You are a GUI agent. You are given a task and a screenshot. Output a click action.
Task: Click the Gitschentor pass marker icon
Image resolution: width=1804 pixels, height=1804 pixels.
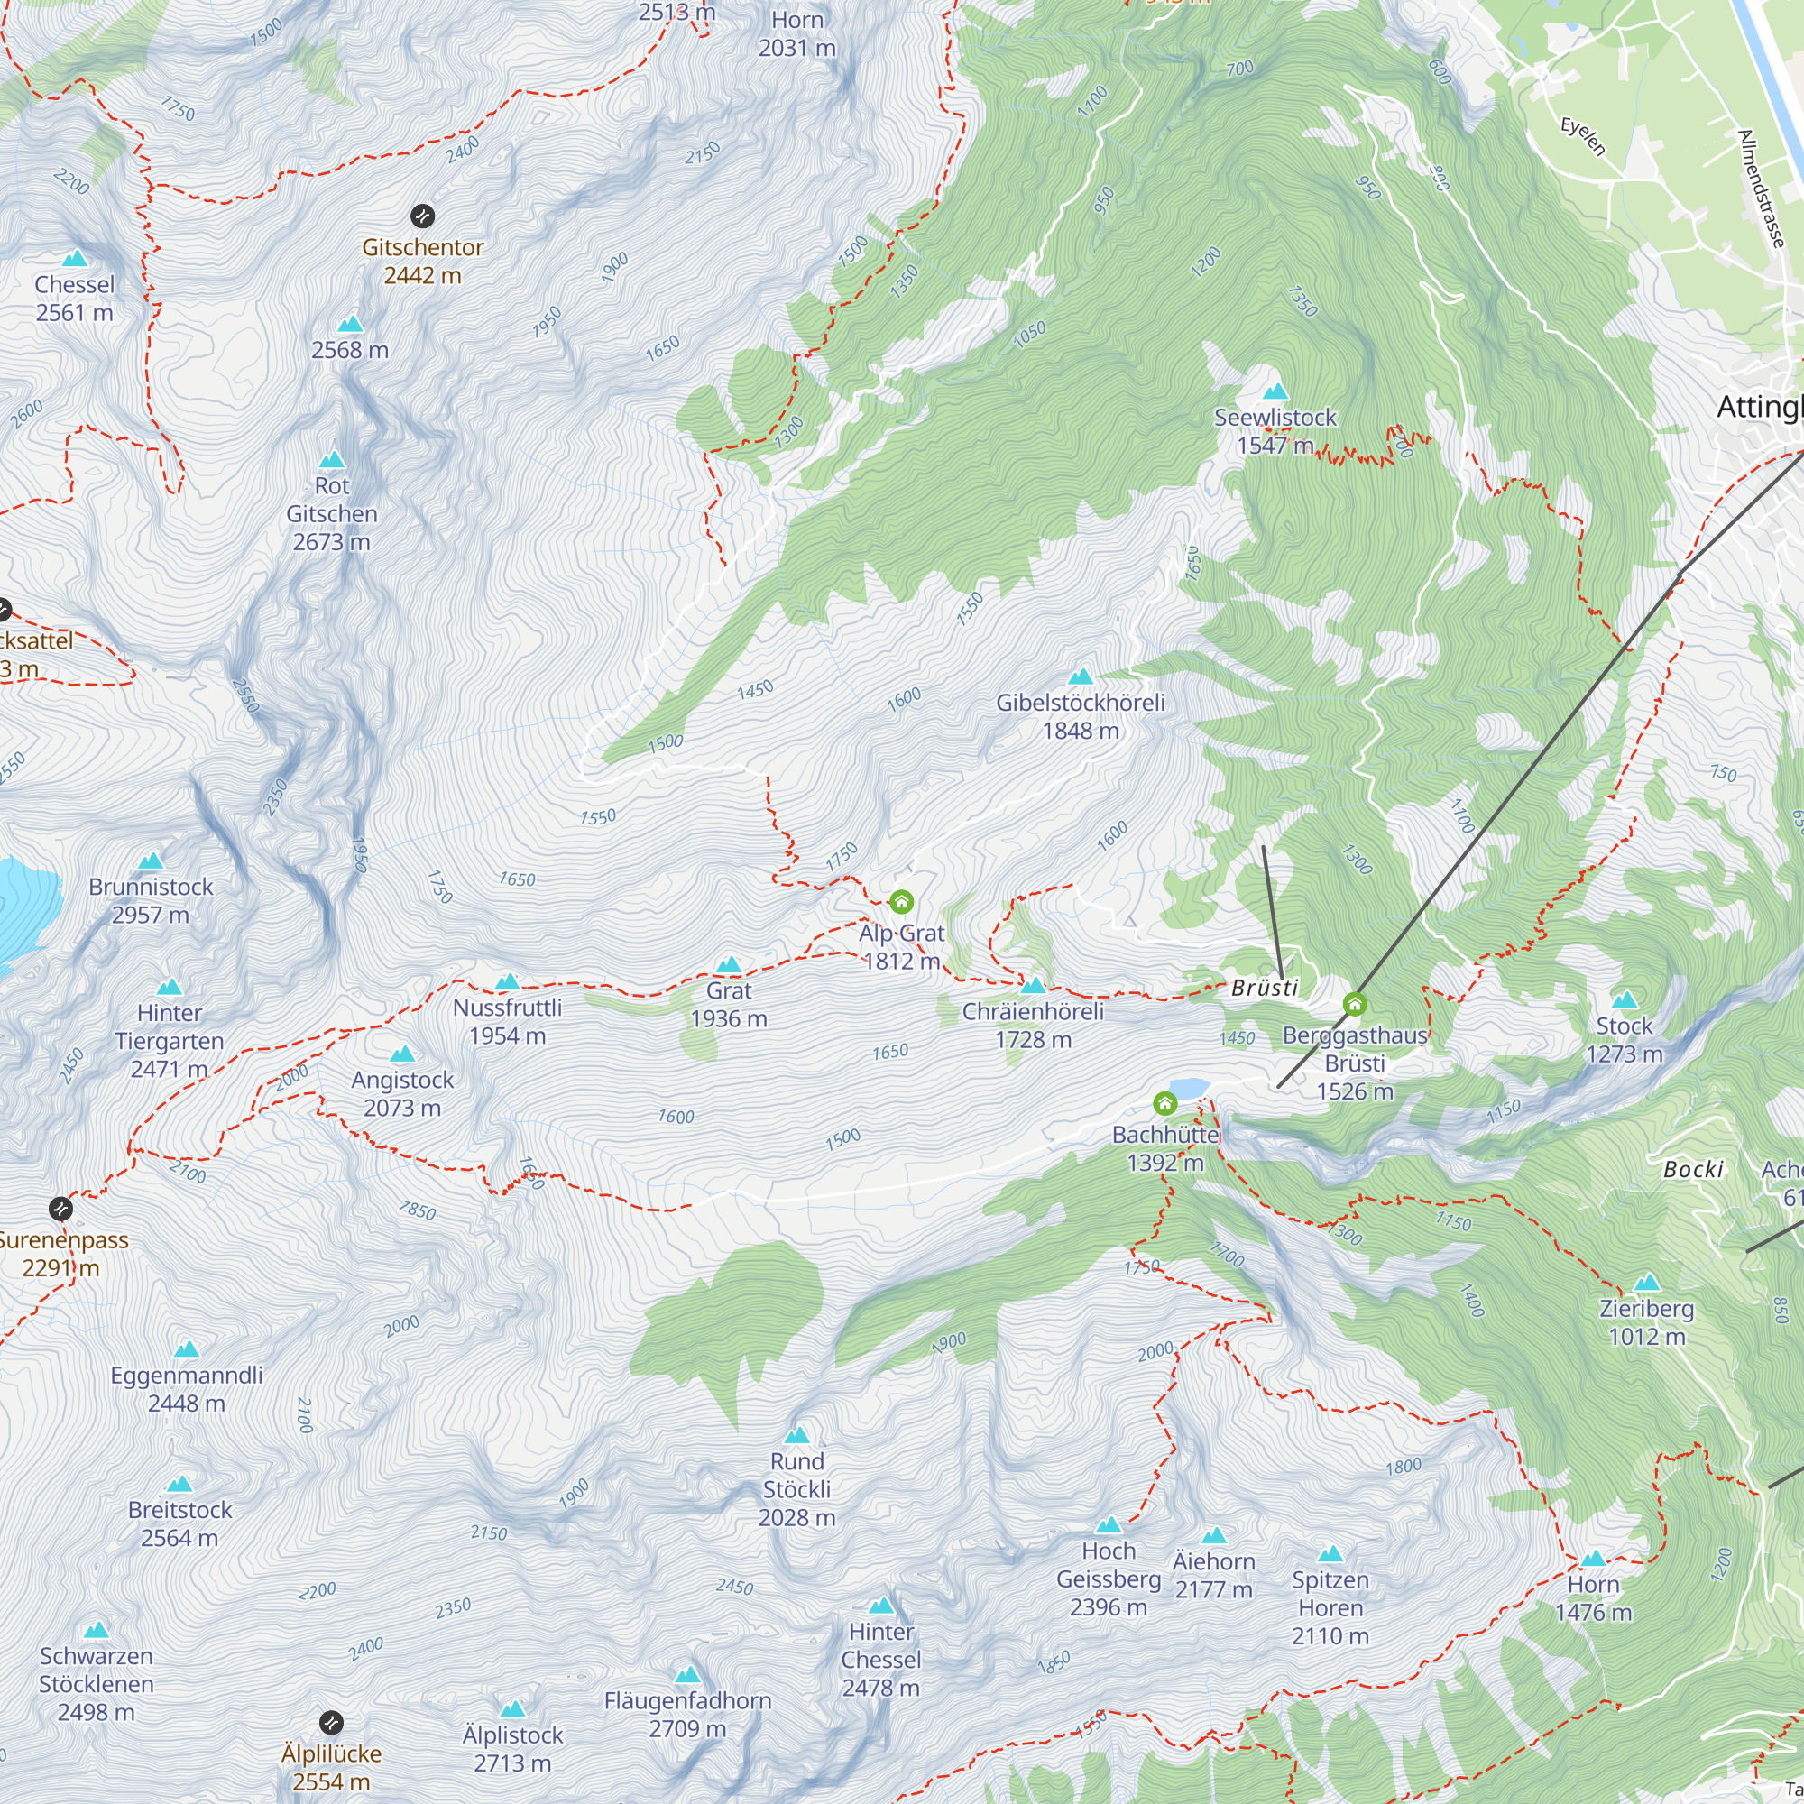tap(422, 216)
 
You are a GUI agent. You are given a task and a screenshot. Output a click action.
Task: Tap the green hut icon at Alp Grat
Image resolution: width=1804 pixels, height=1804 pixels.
tap(901, 902)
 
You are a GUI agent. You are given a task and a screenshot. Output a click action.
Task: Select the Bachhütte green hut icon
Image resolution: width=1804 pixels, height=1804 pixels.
tap(1164, 1105)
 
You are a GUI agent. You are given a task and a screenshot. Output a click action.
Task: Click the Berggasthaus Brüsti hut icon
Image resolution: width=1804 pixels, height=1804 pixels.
tap(1355, 1005)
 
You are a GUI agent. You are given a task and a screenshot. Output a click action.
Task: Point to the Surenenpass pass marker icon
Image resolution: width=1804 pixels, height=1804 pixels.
tap(60, 1210)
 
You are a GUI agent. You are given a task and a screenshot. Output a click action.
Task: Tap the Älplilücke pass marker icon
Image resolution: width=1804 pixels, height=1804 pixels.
tap(330, 1723)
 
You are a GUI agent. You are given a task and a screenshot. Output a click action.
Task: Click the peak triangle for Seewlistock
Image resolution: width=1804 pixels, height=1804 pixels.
tap(1275, 392)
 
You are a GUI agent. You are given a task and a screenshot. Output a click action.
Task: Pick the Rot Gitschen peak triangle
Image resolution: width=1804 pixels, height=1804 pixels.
tap(333, 460)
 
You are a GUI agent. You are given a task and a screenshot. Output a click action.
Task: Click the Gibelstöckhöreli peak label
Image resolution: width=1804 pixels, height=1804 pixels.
tap(1081, 716)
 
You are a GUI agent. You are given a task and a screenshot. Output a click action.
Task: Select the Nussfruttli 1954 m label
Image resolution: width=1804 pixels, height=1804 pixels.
tap(507, 1022)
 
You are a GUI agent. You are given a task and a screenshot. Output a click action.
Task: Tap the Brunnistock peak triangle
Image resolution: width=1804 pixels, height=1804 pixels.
tap(151, 861)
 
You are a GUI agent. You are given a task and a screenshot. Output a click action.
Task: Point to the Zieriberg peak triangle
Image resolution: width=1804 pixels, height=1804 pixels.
tap(1646, 1283)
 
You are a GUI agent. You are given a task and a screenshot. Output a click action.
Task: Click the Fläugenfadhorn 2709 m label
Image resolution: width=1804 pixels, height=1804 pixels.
tap(687, 1715)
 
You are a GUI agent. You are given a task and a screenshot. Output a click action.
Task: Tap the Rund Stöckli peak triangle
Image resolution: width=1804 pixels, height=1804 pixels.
tap(796, 1436)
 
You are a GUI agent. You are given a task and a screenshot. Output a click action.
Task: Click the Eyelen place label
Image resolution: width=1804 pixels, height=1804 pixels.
tap(1584, 136)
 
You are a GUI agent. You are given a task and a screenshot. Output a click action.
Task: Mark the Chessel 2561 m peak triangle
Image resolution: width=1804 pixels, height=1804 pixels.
tap(75, 260)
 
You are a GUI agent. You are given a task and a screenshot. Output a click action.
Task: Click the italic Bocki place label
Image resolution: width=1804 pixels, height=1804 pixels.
tap(1693, 1170)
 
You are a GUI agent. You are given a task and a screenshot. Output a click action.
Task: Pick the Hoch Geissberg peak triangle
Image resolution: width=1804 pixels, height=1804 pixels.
tap(1109, 1526)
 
